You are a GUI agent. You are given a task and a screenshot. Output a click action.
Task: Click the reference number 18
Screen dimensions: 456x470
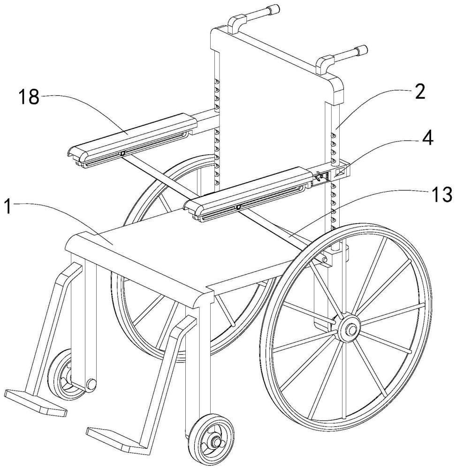point(29,97)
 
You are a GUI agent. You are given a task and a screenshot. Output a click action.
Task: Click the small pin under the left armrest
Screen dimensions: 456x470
point(122,154)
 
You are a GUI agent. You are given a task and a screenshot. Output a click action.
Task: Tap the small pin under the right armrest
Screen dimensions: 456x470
point(238,207)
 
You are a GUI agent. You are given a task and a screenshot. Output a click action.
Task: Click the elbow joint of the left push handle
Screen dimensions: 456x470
point(236,23)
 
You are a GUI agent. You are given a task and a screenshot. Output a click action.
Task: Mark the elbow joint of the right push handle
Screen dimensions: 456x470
point(324,65)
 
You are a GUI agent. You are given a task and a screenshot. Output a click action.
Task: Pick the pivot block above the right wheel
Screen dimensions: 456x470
point(333,255)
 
